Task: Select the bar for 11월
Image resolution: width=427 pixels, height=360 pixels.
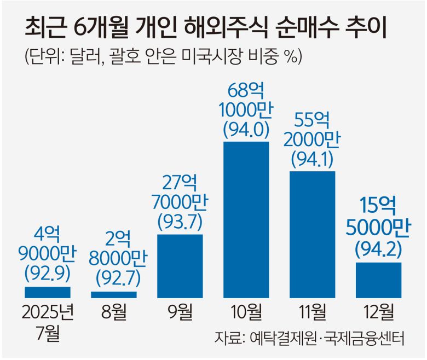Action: [x=312, y=235]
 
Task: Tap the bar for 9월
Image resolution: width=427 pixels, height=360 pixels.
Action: [x=180, y=266]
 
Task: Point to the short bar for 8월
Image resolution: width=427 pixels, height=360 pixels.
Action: [x=114, y=295]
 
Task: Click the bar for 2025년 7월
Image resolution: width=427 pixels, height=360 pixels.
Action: [x=48, y=292]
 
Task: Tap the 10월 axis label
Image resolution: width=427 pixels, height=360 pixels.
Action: [x=246, y=313]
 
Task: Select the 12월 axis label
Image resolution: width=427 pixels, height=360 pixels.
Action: [x=378, y=313]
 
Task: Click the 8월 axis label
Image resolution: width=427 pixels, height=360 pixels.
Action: [x=114, y=313]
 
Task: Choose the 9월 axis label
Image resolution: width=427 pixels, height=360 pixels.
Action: [x=180, y=313]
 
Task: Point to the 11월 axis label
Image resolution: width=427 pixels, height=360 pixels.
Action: [x=312, y=313]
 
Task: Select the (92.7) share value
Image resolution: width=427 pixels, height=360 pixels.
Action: [x=114, y=278]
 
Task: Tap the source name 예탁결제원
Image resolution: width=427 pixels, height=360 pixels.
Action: [x=273, y=338]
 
